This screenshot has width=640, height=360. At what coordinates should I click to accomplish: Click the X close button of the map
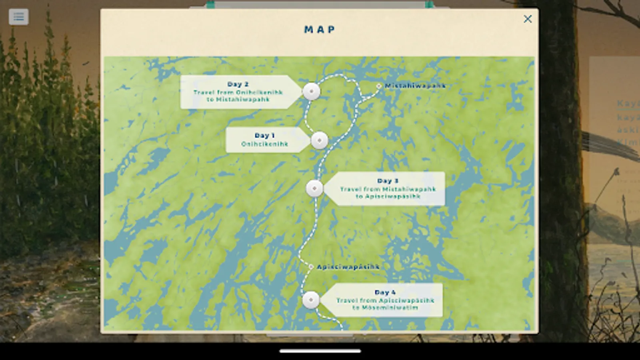point(528,19)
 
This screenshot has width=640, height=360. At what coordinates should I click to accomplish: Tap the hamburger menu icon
point(18,17)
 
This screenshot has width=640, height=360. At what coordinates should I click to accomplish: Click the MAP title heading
point(320,30)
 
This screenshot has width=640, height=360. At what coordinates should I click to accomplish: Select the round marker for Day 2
point(311,92)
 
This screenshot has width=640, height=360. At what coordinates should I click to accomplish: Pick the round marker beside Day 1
point(319,140)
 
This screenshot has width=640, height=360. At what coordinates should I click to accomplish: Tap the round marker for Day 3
point(314,188)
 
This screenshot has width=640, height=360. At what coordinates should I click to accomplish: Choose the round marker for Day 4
point(311,300)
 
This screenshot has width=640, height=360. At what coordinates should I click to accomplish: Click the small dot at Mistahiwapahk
point(378,86)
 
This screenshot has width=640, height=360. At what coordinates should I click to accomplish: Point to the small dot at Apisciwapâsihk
point(311,266)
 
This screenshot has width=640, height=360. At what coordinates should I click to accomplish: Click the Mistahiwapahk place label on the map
point(415,86)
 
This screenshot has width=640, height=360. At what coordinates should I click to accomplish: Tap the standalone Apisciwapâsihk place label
point(348,267)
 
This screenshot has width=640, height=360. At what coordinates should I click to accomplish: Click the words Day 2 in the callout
point(238,84)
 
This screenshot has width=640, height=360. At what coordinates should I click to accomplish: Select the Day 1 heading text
point(264,136)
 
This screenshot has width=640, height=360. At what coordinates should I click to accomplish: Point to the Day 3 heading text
point(388,181)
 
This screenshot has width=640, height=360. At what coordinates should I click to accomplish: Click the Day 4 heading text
point(385,292)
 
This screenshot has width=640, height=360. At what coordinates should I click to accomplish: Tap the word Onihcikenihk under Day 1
point(264,144)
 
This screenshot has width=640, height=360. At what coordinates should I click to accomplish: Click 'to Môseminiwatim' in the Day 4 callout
point(384,308)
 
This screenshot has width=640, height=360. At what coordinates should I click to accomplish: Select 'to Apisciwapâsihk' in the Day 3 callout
point(388,196)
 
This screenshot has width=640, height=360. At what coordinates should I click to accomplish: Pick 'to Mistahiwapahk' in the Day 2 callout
point(238,100)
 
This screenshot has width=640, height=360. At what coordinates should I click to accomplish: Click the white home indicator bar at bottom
point(320,351)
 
